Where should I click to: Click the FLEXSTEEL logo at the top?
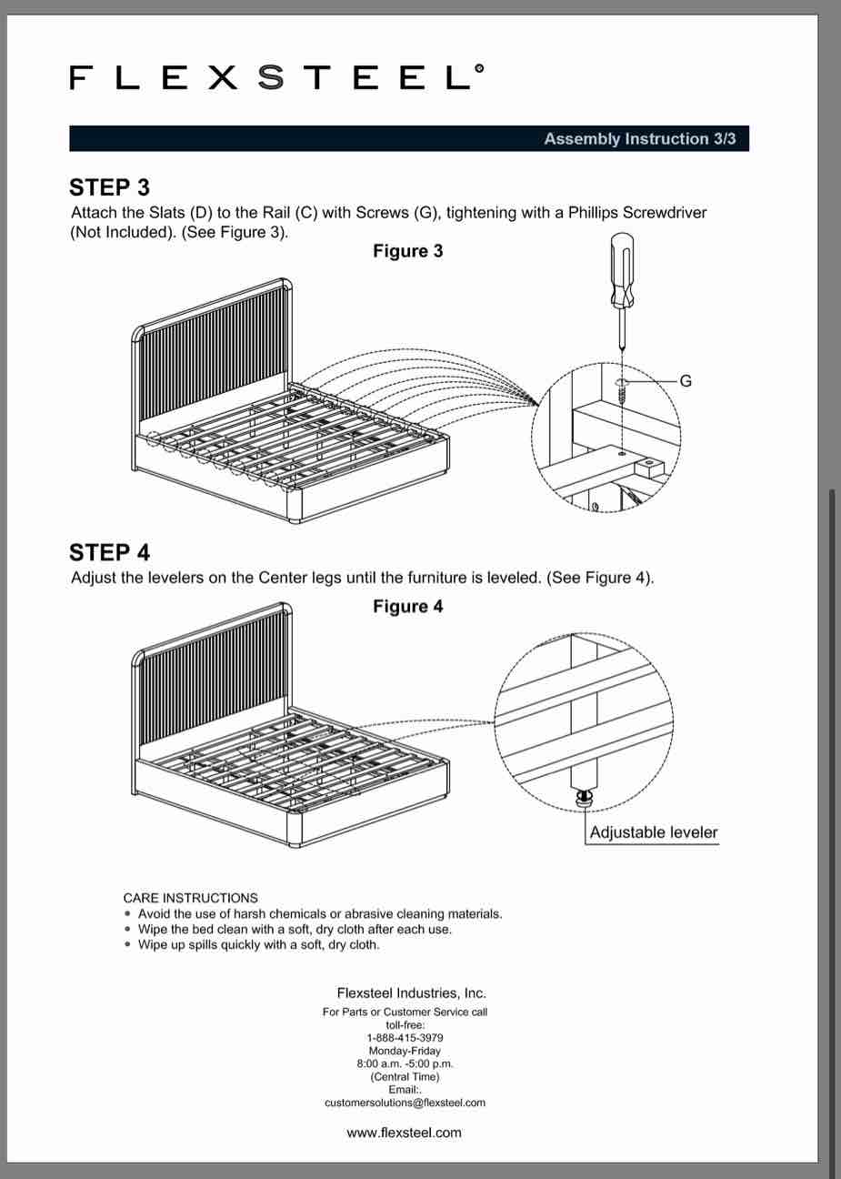coord(276,78)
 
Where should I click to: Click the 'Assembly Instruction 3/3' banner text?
coord(639,139)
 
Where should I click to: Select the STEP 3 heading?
coord(109,187)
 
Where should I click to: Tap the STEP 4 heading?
coord(109,552)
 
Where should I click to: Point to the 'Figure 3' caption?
coord(407,251)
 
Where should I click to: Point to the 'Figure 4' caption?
coord(407,607)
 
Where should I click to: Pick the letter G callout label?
coord(686,381)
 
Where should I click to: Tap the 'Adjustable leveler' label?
coord(653,832)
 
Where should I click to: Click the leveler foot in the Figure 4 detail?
coord(585,797)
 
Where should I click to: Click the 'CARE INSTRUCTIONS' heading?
coord(190,898)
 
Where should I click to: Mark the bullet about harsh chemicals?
coord(319,913)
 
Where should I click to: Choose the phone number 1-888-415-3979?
coord(405,1038)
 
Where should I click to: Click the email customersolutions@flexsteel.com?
coord(405,1103)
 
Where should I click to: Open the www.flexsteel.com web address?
coord(405,1133)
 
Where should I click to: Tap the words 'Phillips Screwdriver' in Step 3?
coord(637,213)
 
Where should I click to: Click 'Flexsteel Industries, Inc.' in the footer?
coord(411,993)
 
